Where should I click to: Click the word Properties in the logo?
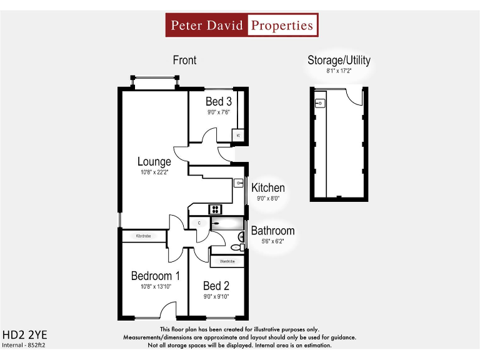click(282, 26)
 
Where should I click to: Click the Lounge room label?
click(154, 162)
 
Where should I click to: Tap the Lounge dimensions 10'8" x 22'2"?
click(154, 172)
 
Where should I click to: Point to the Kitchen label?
click(268, 187)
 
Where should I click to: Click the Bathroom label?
click(272, 231)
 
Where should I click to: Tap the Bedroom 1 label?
click(156, 276)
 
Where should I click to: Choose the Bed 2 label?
click(216, 286)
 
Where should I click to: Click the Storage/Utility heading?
click(339, 60)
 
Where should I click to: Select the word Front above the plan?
click(184, 60)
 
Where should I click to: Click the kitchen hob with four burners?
click(216, 209)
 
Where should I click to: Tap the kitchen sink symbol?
click(239, 183)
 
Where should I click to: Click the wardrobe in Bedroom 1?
click(144, 236)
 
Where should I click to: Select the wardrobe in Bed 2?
click(226, 261)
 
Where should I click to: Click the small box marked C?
click(199, 222)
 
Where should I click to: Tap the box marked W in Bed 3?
click(238, 136)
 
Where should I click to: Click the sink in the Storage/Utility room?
click(320, 102)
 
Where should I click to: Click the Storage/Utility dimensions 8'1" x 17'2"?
click(339, 71)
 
